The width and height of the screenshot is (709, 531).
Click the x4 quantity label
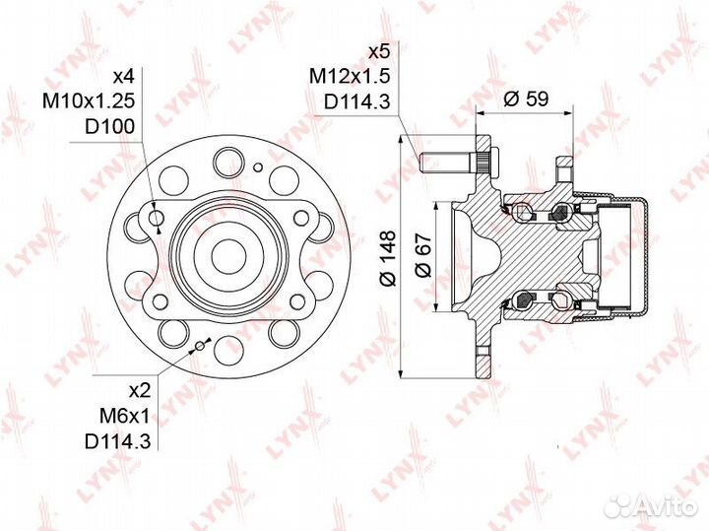(x=123, y=76)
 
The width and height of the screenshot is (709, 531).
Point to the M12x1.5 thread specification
(x=351, y=75)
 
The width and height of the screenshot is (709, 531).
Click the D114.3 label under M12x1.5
(x=350, y=100)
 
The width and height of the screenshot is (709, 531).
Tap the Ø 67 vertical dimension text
(x=423, y=258)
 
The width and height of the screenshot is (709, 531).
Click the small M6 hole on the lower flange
(x=200, y=345)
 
